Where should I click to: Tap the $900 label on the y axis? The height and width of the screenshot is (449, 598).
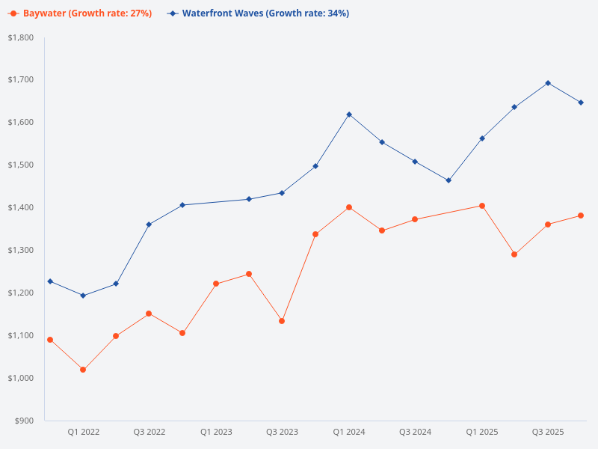pos(25,421)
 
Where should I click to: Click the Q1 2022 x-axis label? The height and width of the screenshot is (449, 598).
pos(83,432)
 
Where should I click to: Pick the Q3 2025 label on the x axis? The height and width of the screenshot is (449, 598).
pos(548,432)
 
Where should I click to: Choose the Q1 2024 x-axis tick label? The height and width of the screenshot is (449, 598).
pos(349,432)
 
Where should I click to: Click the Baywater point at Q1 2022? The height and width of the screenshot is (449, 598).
pos(83,370)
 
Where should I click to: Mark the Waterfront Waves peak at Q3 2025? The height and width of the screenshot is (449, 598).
pos(548,83)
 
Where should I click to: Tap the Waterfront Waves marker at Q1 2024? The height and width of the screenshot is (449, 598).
pos(349,114)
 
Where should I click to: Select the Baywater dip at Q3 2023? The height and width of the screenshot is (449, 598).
pos(282,321)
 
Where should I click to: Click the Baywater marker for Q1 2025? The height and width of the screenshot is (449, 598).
pos(482,206)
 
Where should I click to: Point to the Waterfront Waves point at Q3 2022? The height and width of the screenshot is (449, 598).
pos(149,224)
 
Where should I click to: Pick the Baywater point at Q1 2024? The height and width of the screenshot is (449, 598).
pos(349,207)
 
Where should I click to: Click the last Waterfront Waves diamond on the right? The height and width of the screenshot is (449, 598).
pos(581,103)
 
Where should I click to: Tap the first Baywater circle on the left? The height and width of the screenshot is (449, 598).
pos(50,340)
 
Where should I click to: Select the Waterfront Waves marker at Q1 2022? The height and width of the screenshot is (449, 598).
pos(83,296)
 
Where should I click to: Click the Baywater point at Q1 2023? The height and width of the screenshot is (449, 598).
pos(216,284)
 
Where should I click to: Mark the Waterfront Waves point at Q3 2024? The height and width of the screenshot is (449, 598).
pos(415,162)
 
